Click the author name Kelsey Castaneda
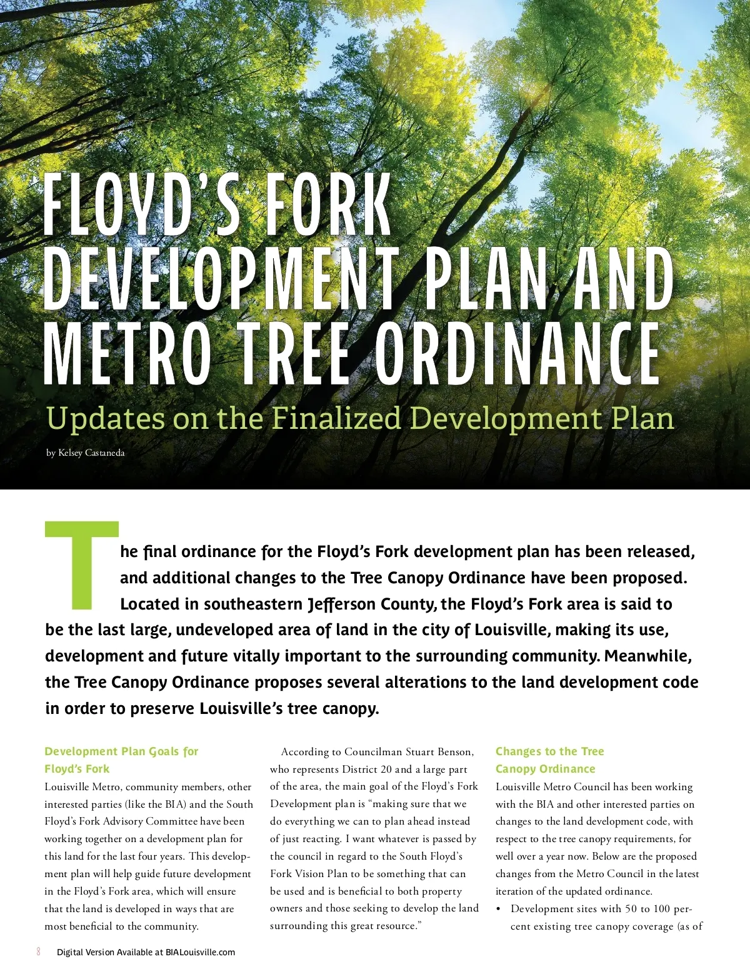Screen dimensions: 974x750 point(91,453)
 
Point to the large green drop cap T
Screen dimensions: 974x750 point(82,563)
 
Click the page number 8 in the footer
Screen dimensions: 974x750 point(39,951)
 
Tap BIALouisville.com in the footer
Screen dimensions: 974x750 point(200,952)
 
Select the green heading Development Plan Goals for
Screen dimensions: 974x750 point(121,751)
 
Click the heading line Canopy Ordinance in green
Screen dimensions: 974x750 point(545,769)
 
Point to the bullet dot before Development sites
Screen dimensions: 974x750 point(499,909)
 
